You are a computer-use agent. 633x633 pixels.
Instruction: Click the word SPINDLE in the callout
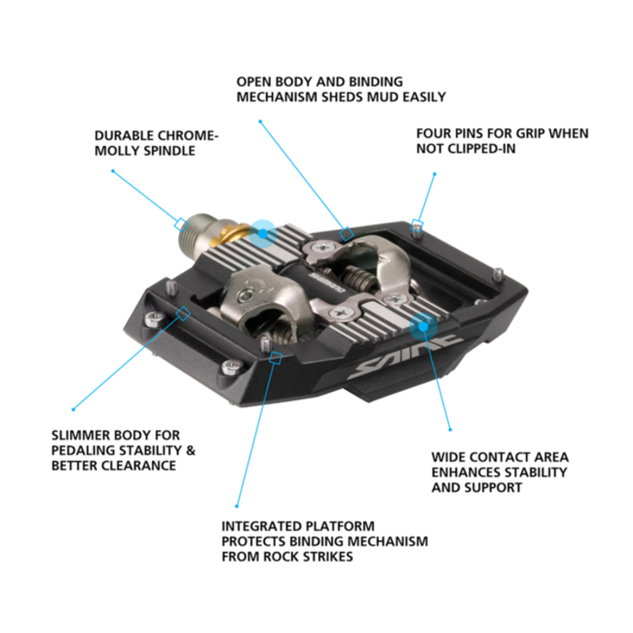pyautogui.click(x=171, y=150)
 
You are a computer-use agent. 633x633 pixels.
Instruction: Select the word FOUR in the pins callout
pyautogui.click(x=434, y=133)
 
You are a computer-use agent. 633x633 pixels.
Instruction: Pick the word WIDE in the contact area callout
pyautogui.click(x=449, y=457)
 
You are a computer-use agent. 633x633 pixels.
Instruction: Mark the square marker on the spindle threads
pyautogui.click(x=181, y=224)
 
